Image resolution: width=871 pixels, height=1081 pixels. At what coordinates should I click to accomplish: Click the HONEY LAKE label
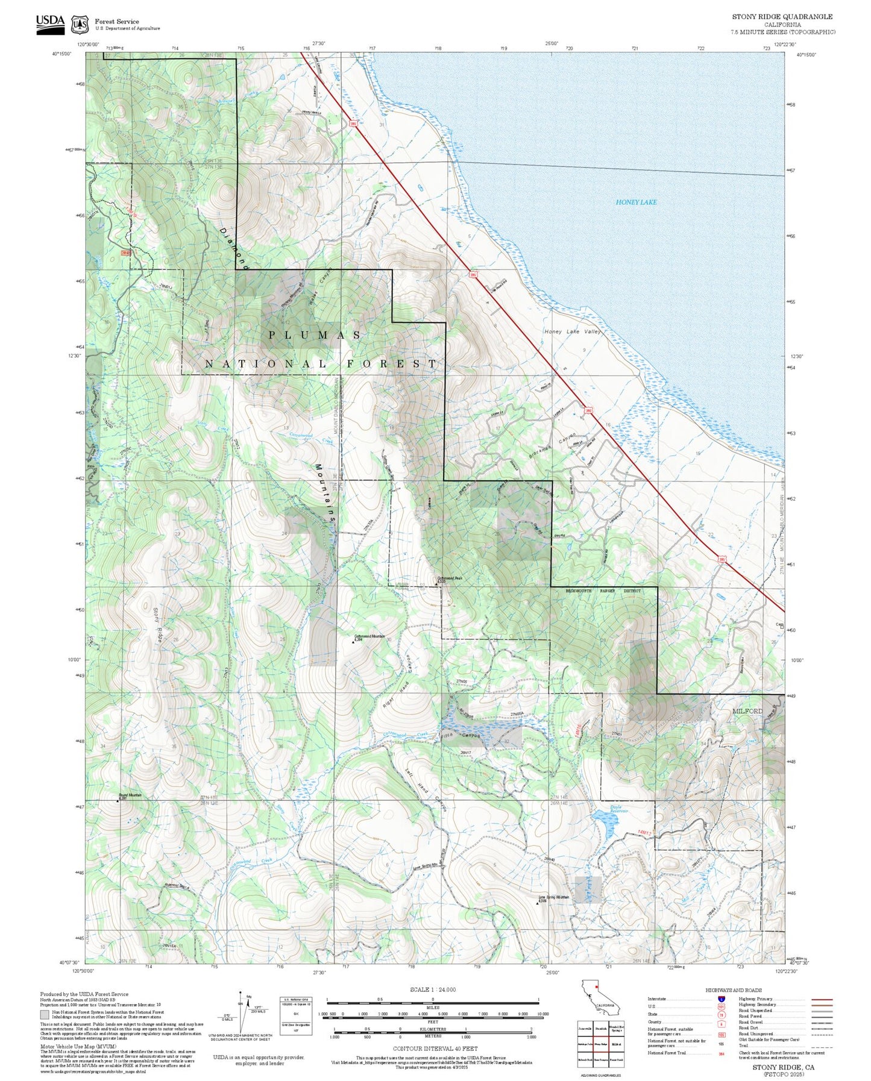coord(636,202)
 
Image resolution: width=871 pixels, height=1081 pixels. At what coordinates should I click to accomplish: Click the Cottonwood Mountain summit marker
coord(353,642)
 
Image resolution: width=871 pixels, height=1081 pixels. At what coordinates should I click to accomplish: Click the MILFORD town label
coord(747,711)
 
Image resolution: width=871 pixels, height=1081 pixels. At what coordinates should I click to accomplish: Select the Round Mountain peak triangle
coord(118,801)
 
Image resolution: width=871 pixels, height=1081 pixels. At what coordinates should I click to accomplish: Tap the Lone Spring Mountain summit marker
coord(538,904)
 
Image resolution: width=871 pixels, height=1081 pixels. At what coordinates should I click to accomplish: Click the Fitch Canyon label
coord(461,736)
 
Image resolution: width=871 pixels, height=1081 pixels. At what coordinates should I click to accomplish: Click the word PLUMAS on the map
coord(315,335)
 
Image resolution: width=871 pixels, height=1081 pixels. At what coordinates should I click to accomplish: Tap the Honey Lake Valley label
coord(572,332)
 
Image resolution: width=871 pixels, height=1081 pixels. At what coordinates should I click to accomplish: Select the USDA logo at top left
coord(50,24)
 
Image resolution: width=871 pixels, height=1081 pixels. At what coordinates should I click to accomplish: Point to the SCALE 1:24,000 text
coord(432,989)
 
